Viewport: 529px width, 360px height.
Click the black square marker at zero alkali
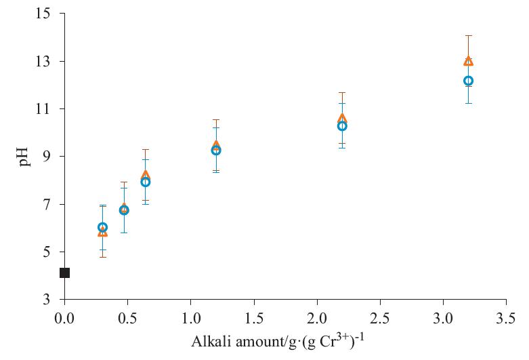point(64,273)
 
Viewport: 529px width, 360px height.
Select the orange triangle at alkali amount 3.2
point(468,61)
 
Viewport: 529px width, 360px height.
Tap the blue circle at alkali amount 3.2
point(468,81)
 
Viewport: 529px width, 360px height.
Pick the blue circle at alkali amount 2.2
point(342,126)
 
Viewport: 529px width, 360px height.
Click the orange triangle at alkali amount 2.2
point(342,119)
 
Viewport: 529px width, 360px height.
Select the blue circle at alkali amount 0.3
point(102,228)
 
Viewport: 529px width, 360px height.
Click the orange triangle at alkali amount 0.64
point(145,175)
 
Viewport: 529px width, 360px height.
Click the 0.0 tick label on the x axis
point(64,317)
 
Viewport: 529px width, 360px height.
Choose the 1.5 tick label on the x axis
point(253,317)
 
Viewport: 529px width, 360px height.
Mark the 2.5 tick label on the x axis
point(380,317)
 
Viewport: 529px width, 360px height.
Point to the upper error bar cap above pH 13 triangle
point(468,35)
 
